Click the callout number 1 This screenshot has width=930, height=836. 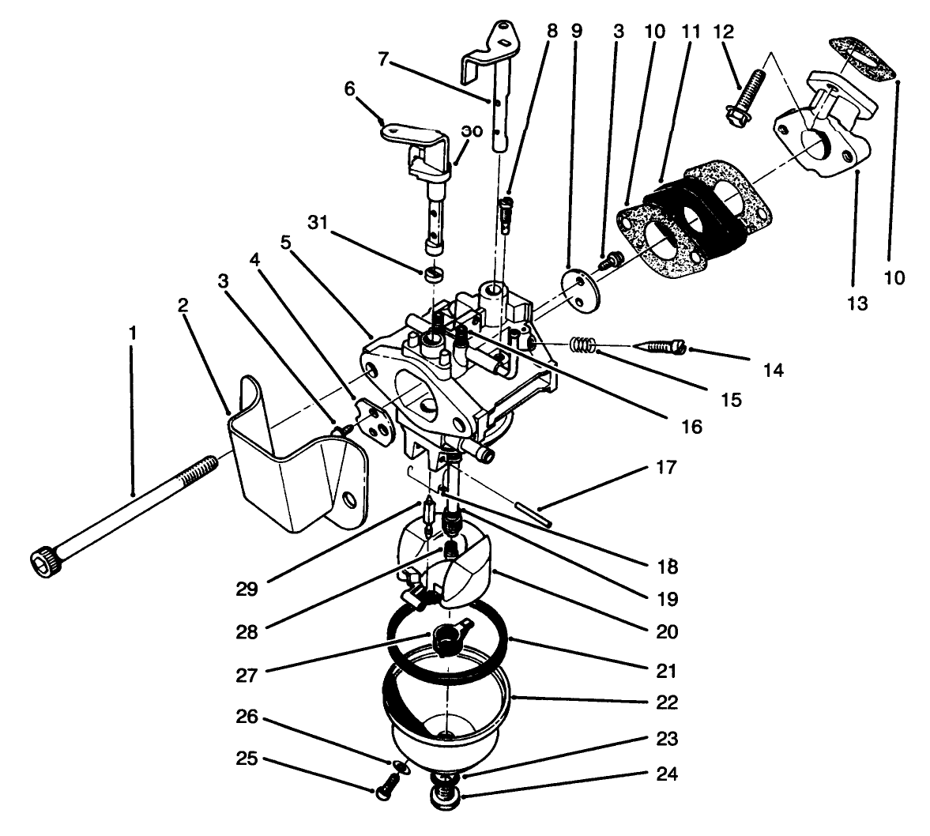coord(133,333)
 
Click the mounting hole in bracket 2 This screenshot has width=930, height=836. coord(348,499)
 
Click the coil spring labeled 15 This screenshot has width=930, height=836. coord(582,344)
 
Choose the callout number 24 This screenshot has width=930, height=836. coord(666,773)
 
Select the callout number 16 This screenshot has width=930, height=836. coord(691,427)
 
